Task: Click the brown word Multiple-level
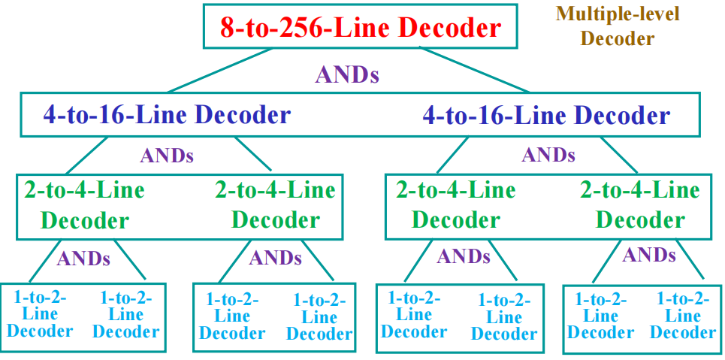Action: click(x=618, y=14)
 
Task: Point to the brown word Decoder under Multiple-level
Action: click(x=618, y=38)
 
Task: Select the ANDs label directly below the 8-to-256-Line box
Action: click(x=346, y=74)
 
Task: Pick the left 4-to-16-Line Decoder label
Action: click(x=167, y=115)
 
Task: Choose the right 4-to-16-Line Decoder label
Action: click(x=546, y=115)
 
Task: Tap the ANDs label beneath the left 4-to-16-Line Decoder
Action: click(x=167, y=156)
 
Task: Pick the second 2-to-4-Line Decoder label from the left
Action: click(x=275, y=204)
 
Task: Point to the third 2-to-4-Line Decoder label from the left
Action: click(x=455, y=204)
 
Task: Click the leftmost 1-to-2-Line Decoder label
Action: click(x=40, y=314)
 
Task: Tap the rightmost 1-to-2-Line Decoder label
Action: click(x=683, y=316)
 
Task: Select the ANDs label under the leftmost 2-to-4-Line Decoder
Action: click(x=83, y=259)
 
